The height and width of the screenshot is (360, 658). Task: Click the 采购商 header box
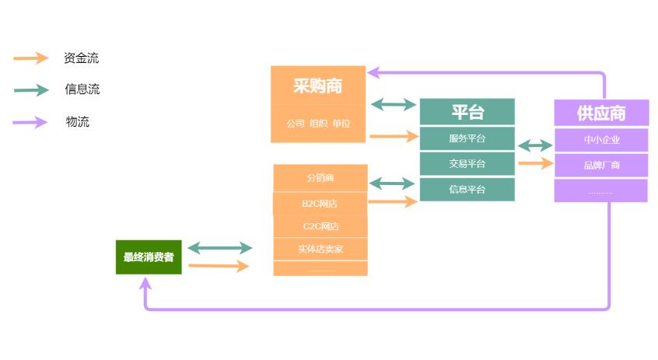coord(317,86)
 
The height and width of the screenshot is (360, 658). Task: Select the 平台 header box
coord(467,112)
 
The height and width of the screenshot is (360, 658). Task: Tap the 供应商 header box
coord(600,113)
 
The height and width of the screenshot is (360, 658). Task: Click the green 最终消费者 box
coord(149,257)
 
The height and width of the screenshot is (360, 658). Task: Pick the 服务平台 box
coord(467,138)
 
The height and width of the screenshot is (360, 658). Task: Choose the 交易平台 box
coord(467,163)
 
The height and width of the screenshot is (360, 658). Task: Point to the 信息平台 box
coord(467,189)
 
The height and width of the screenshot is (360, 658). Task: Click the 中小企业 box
coord(600,140)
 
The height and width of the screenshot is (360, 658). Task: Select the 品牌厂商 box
coord(600,165)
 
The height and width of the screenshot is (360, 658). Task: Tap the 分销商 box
coord(320,177)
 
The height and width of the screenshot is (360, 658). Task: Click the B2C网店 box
coord(320,203)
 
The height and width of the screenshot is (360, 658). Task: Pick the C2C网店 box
coord(320,226)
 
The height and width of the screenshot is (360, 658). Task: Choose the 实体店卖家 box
coord(320,249)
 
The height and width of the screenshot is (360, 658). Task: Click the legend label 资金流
coord(81,58)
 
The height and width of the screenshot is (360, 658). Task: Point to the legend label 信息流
coord(82,89)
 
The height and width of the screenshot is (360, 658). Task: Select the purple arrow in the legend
coord(31,121)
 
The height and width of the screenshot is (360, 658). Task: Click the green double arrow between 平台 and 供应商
coord(534,145)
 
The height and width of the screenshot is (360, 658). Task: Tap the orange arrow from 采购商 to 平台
coord(394,137)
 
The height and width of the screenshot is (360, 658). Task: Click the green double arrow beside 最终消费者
coord(220,248)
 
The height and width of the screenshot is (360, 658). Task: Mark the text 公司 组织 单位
coord(317,124)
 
